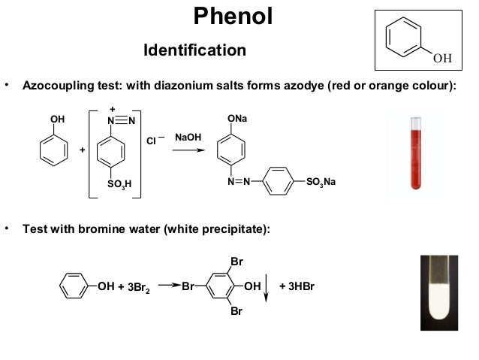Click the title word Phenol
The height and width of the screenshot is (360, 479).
tap(233, 16)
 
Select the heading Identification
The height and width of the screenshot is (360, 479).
tap(194, 50)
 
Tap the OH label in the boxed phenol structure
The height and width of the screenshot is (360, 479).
tap(442, 57)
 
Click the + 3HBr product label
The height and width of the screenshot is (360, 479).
tap(296, 286)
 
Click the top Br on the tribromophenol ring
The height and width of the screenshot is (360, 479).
tap(236, 262)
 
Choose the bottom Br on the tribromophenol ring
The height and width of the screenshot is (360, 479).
tap(236, 310)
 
